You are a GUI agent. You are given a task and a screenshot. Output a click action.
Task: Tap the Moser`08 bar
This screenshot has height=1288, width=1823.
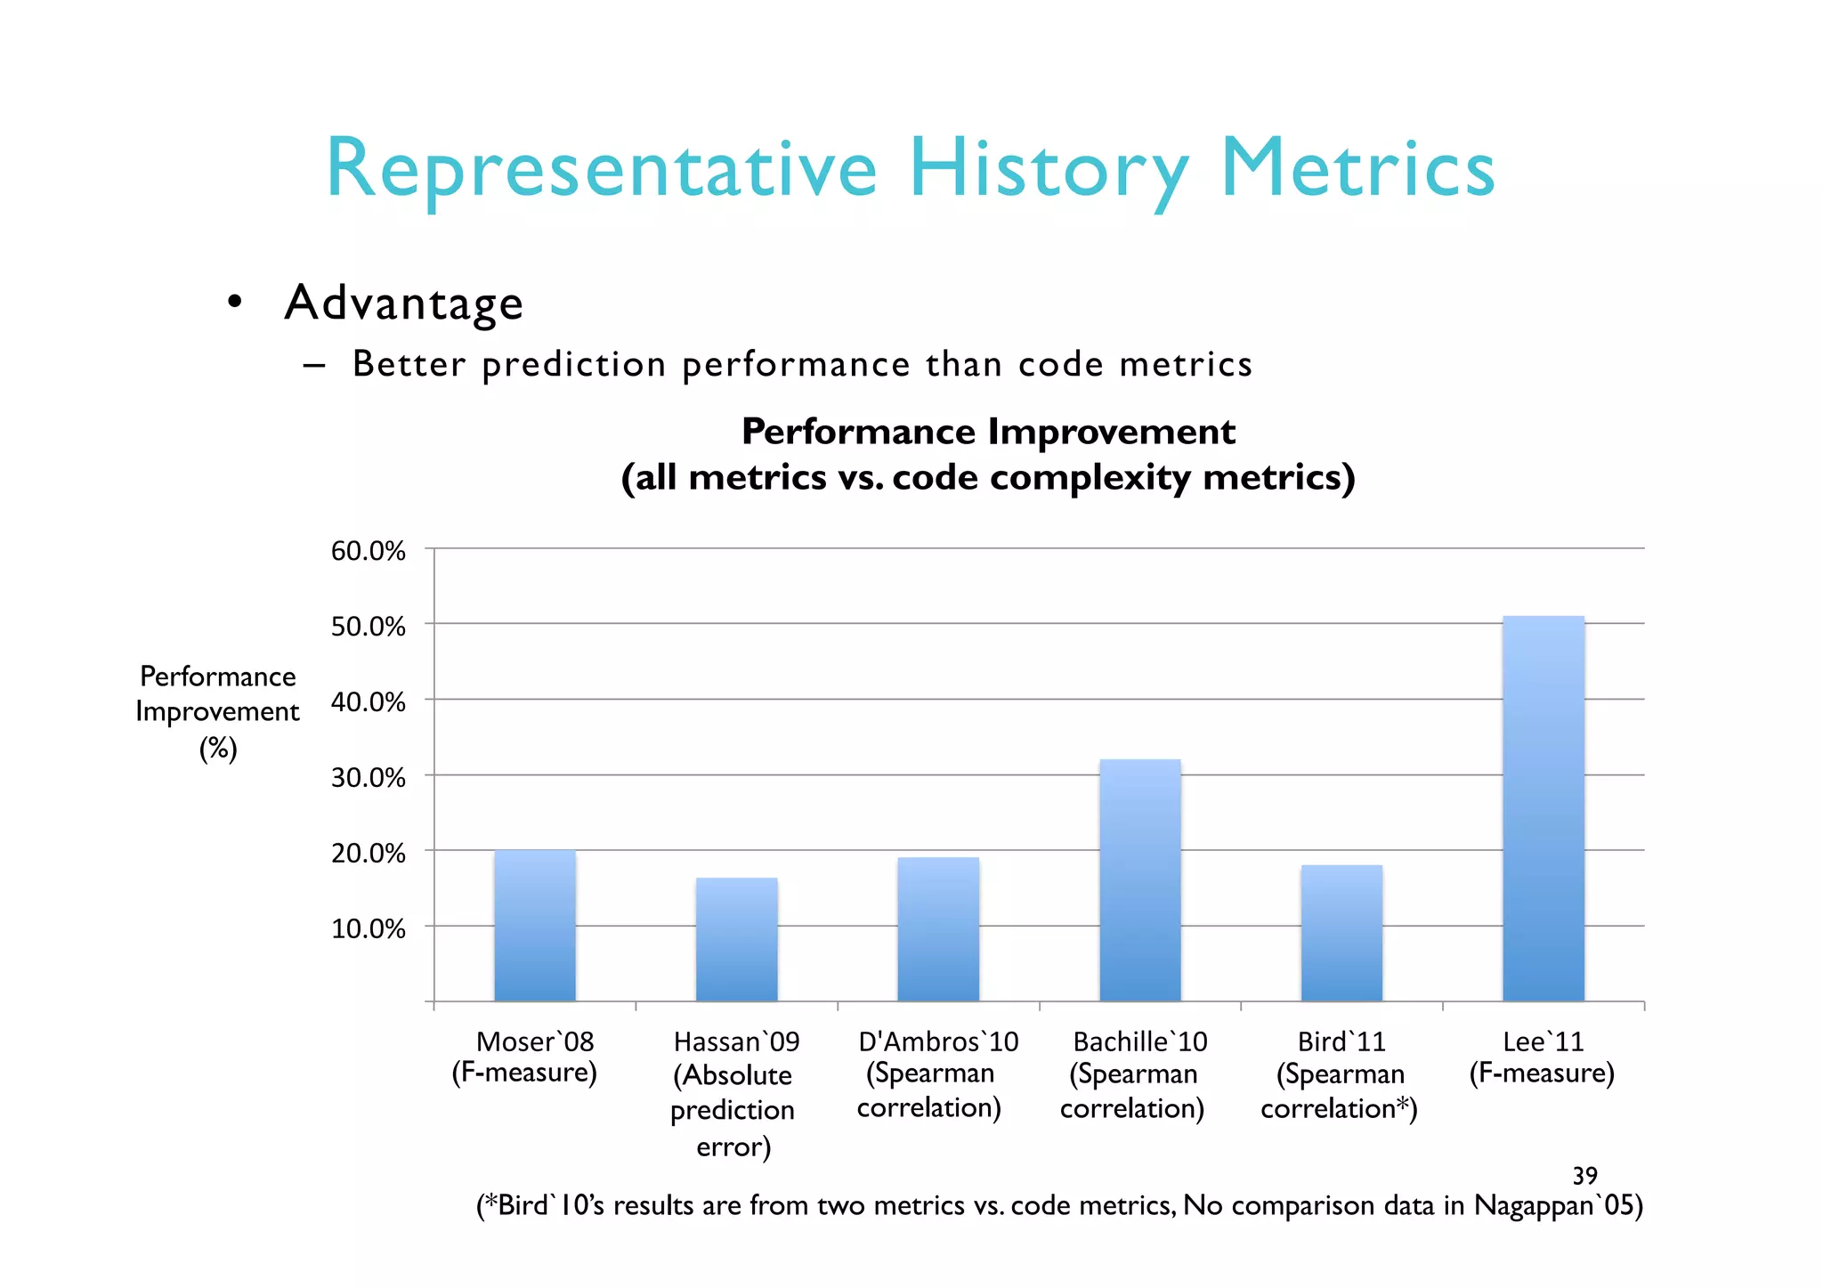535,926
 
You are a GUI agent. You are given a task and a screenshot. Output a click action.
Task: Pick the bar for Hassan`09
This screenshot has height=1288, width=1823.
736,939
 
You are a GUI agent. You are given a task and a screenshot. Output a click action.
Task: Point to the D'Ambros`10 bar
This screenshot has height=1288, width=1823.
938,929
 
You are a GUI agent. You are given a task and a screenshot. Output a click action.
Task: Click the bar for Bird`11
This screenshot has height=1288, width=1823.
1341,933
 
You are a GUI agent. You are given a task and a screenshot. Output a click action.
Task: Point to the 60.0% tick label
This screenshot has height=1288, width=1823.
368,551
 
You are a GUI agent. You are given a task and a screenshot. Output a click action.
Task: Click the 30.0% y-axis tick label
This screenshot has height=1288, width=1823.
368,778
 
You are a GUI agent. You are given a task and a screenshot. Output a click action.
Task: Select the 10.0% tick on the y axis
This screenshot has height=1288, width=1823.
368,929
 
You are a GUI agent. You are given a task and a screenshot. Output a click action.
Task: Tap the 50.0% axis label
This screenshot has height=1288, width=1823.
368,627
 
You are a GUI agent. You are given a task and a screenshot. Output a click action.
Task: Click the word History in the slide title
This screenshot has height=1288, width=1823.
1048,169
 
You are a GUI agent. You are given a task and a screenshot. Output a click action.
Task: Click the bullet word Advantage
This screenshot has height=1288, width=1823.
403,303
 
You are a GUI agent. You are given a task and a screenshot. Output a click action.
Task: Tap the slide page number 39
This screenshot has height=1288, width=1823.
1584,1176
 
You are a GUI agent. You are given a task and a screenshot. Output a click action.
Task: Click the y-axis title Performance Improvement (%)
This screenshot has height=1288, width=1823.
218,712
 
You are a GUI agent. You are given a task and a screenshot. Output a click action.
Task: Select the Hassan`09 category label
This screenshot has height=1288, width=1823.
735,1093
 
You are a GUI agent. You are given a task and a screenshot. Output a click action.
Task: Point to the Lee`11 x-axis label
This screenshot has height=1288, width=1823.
1542,1057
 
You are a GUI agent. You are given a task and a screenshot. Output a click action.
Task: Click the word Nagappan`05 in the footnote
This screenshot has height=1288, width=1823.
1551,1205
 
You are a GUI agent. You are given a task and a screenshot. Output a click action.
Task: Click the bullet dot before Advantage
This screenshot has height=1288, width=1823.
234,303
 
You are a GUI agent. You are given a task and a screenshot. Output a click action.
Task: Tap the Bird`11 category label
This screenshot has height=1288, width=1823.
1340,1074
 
